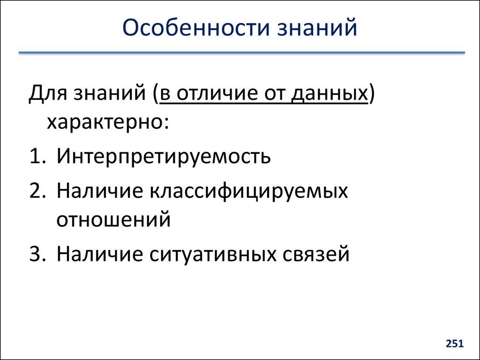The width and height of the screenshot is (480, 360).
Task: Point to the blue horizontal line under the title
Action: (241, 53)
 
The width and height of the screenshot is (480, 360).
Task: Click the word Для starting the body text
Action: (47, 94)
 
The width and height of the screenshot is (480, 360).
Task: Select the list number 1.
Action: (36, 157)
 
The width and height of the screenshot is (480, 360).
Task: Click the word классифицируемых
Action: (249, 191)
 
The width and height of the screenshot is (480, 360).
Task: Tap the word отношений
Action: (113, 219)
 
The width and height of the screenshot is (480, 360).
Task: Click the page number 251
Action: (454, 345)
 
